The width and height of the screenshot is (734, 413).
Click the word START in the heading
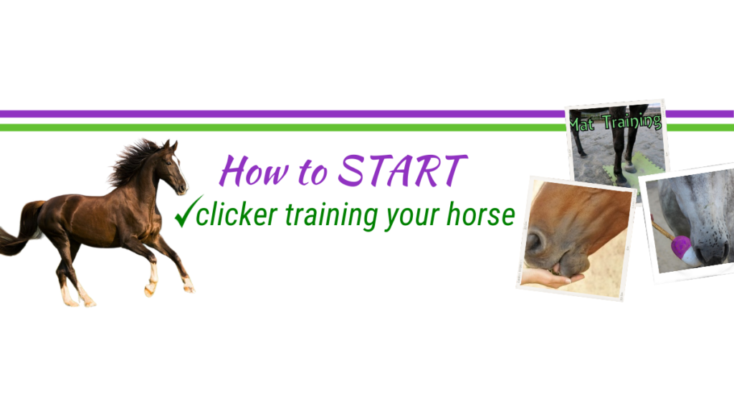tap(402, 171)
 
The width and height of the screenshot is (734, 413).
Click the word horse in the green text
tap(481, 214)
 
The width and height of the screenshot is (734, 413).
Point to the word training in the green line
tap(331, 216)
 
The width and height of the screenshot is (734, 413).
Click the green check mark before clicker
tap(189, 212)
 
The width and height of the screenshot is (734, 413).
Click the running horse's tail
tap(21, 230)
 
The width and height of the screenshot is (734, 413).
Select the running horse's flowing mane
tap(133, 161)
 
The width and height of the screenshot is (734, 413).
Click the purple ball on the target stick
tap(680, 245)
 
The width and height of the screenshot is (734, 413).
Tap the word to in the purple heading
tap(313, 172)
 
